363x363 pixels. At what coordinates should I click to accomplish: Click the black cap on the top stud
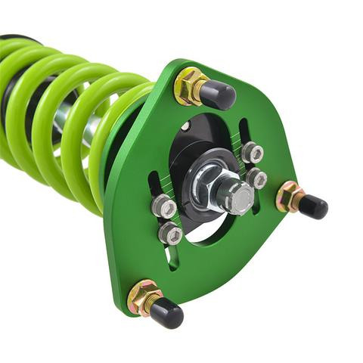click(219, 95)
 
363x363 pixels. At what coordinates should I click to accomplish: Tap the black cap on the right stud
click(312, 205)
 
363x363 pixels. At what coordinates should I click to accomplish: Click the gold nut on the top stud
click(189, 85)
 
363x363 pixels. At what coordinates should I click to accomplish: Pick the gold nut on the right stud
click(288, 197)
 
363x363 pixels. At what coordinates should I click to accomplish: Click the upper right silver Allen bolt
click(252, 153)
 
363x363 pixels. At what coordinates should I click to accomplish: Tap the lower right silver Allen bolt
click(256, 178)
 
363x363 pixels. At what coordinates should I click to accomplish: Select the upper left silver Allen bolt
click(163, 206)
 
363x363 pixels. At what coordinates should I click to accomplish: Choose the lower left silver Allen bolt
click(170, 232)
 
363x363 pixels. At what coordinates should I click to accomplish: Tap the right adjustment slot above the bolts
click(244, 129)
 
